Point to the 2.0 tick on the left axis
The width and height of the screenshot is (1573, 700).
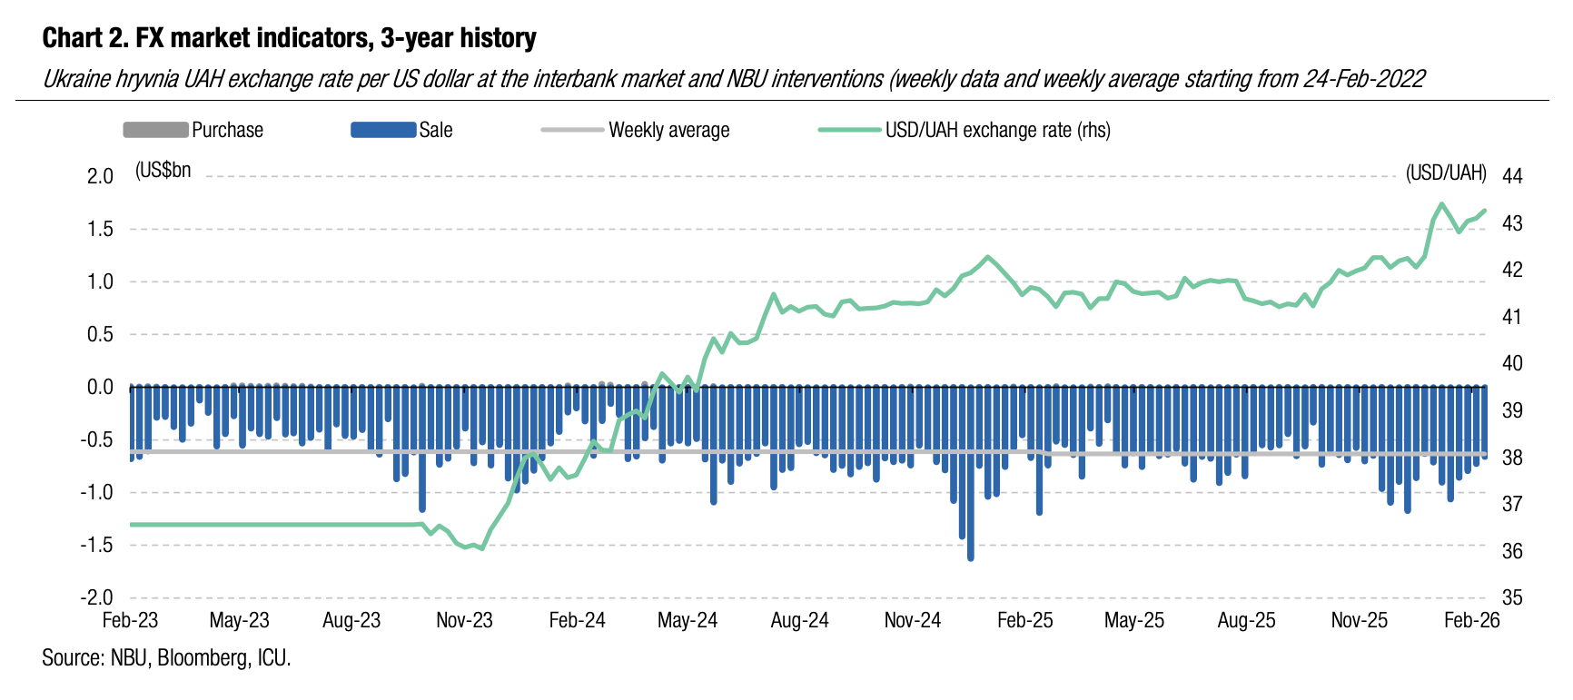(100, 176)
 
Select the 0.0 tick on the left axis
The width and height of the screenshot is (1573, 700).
(100, 388)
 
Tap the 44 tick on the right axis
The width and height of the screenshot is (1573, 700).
(1512, 176)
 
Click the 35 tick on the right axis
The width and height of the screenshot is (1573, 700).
(1512, 597)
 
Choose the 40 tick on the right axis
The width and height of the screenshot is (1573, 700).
(1512, 363)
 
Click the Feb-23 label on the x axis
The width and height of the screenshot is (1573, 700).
(130, 620)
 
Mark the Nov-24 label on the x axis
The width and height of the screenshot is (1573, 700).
(912, 620)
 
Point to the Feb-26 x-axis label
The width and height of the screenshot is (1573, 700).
(1471, 620)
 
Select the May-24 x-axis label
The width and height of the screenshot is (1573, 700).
(687, 620)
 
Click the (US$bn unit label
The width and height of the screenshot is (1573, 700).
(163, 171)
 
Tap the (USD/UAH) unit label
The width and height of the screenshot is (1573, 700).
(1446, 173)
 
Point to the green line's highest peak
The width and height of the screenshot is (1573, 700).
(1441, 203)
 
